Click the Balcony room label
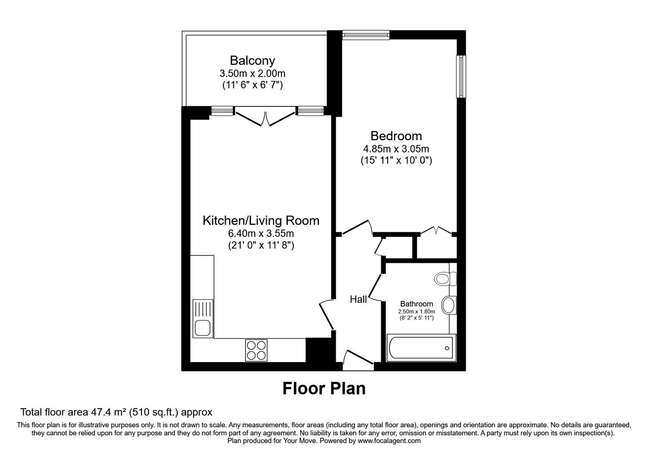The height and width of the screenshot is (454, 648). click(x=252, y=60)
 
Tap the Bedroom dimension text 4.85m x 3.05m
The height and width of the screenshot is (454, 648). click(x=396, y=149)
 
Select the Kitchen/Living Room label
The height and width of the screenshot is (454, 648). click(x=261, y=221)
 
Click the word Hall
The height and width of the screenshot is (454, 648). click(x=358, y=300)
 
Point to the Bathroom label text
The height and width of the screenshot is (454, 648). click(x=416, y=304)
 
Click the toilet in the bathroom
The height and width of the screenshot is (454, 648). click(x=445, y=279)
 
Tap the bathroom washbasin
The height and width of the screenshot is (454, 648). click(x=448, y=305)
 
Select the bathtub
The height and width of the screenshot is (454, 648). click(x=421, y=347)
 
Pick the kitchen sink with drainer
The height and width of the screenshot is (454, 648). click(x=202, y=319)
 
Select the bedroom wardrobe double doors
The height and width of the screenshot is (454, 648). click(x=436, y=231)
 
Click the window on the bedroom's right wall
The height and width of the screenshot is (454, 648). click(x=461, y=77)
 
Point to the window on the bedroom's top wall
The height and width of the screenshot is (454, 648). click(x=366, y=35)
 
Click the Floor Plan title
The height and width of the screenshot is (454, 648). click(x=324, y=388)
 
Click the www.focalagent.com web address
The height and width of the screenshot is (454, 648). click(x=389, y=441)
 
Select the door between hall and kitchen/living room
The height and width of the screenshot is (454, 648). click(x=326, y=314)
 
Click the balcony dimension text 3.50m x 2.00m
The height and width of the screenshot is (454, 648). click(x=252, y=74)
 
